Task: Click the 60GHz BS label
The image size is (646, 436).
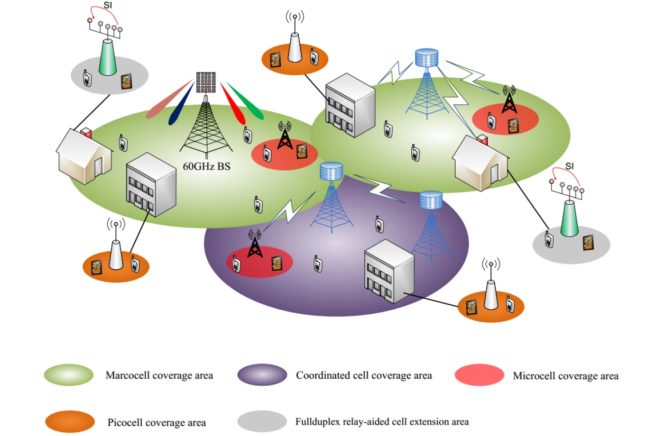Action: (x=206, y=167)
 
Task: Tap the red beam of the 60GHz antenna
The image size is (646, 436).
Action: (x=233, y=103)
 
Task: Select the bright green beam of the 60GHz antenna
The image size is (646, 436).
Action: (x=246, y=101)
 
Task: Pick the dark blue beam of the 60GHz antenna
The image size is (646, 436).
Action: (x=181, y=104)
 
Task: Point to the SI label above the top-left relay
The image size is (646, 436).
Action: (x=108, y=5)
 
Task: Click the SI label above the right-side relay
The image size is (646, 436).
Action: (x=569, y=166)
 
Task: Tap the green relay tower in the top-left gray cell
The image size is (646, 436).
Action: (x=108, y=57)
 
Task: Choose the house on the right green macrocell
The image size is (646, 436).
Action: (x=480, y=163)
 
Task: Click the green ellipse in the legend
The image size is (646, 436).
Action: (x=69, y=375)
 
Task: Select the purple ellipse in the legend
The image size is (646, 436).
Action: (x=262, y=375)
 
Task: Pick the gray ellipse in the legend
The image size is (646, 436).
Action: (x=262, y=421)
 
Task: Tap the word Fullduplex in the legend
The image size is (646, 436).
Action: (x=318, y=422)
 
